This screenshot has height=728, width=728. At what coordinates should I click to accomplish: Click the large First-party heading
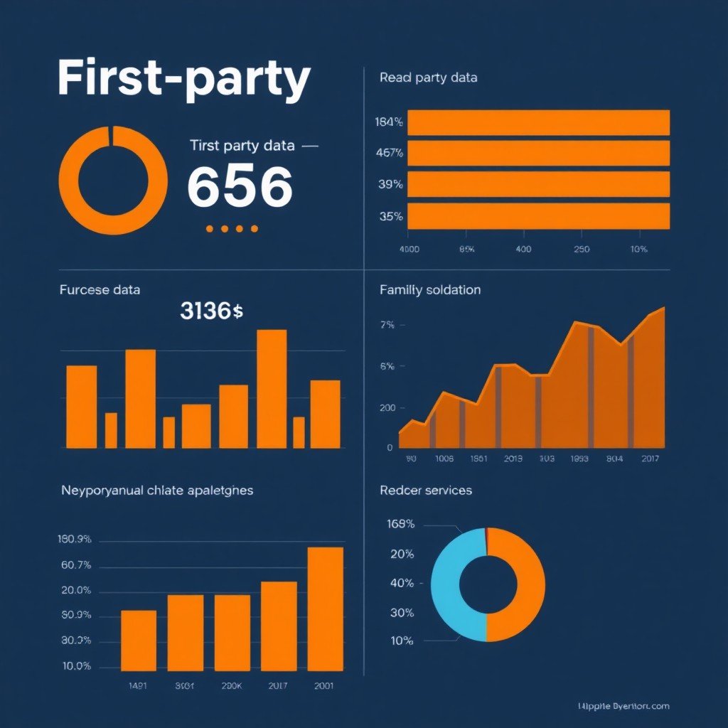click(x=183, y=80)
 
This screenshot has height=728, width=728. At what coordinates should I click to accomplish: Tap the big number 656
click(x=240, y=186)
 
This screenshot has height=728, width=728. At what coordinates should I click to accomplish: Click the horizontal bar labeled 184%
click(x=538, y=122)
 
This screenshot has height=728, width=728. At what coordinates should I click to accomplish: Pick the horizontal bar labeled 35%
click(x=538, y=216)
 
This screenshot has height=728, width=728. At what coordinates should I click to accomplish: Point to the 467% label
click(x=389, y=153)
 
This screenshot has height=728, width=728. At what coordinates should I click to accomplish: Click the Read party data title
click(x=428, y=77)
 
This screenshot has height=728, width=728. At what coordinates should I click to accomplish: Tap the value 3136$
click(x=211, y=311)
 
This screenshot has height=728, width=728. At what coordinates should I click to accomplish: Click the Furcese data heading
click(x=100, y=290)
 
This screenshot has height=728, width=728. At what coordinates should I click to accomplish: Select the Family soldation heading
click(x=430, y=290)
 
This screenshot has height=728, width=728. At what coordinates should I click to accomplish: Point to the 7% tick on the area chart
click(x=387, y=326)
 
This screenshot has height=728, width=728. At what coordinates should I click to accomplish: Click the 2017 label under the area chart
click(x=649, y=459)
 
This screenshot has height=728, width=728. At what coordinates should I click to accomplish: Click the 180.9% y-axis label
click(x=74, y=539)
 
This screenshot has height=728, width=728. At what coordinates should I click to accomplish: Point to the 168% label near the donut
click(x=400, y=525)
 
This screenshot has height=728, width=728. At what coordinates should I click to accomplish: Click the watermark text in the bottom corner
click(x=623, y=706)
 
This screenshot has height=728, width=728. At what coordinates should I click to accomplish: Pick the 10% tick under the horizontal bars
click(x=638, y=250)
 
